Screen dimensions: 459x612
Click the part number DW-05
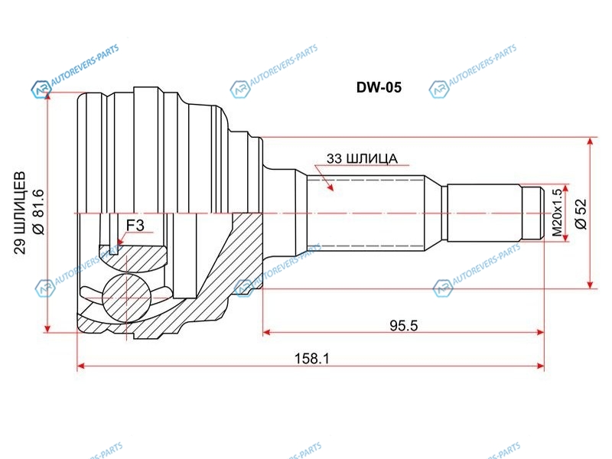click(x=379, y=87)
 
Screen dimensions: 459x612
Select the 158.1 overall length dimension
click(x=311, y=357)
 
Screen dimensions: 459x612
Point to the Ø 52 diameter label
click(x=579, y=214)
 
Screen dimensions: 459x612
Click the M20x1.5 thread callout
click(x=556, y=213)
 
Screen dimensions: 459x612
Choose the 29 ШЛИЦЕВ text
click(x=21, y=213)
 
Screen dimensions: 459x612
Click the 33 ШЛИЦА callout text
click(x=361, y=159)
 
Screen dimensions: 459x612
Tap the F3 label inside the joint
click(x=135, y=224)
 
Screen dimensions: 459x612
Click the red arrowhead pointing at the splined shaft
click(x=330, y=186)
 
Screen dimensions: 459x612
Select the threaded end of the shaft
click(x=535, y=213)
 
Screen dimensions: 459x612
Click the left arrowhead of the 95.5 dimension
click(x=267, y=333)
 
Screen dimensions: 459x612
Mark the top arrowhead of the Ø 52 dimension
click(x=591, y=142)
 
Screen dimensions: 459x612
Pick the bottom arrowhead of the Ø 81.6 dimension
click(x=47, y=328)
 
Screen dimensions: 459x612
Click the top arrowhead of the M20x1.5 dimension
click(x=567, y=188)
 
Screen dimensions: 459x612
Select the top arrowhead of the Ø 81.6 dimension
click(x=47, y=99)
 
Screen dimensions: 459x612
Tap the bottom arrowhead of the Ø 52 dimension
click(x=591, y=284)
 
